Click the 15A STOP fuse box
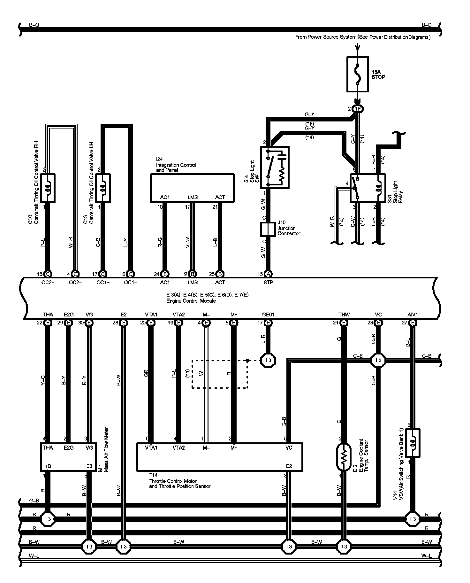pyautogui.click(x=357, y=74)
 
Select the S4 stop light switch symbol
pyautogui.click(x=275, y=167)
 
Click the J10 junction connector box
pyautogui.click(x=268, y=229)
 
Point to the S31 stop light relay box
pyautogui.click(x=368, y=188)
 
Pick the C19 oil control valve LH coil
pyautogui.click(x=103, y=188)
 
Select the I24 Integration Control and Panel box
pyautogui.click(x=192, y=188)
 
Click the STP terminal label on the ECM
pyautogui.click(x=268, y=283)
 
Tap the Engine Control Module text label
pyautogui.click(x=191, y=301)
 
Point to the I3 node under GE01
pyautogui.click(x=268, y=361)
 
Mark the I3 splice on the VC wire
pyautogui.click(x=378, y=361)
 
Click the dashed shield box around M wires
pyautogui.click(x=220, y=374)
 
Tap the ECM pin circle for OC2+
pyautogui.click(x=48, y=274)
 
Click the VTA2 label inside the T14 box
pyautogui.click(x=179, y=448)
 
